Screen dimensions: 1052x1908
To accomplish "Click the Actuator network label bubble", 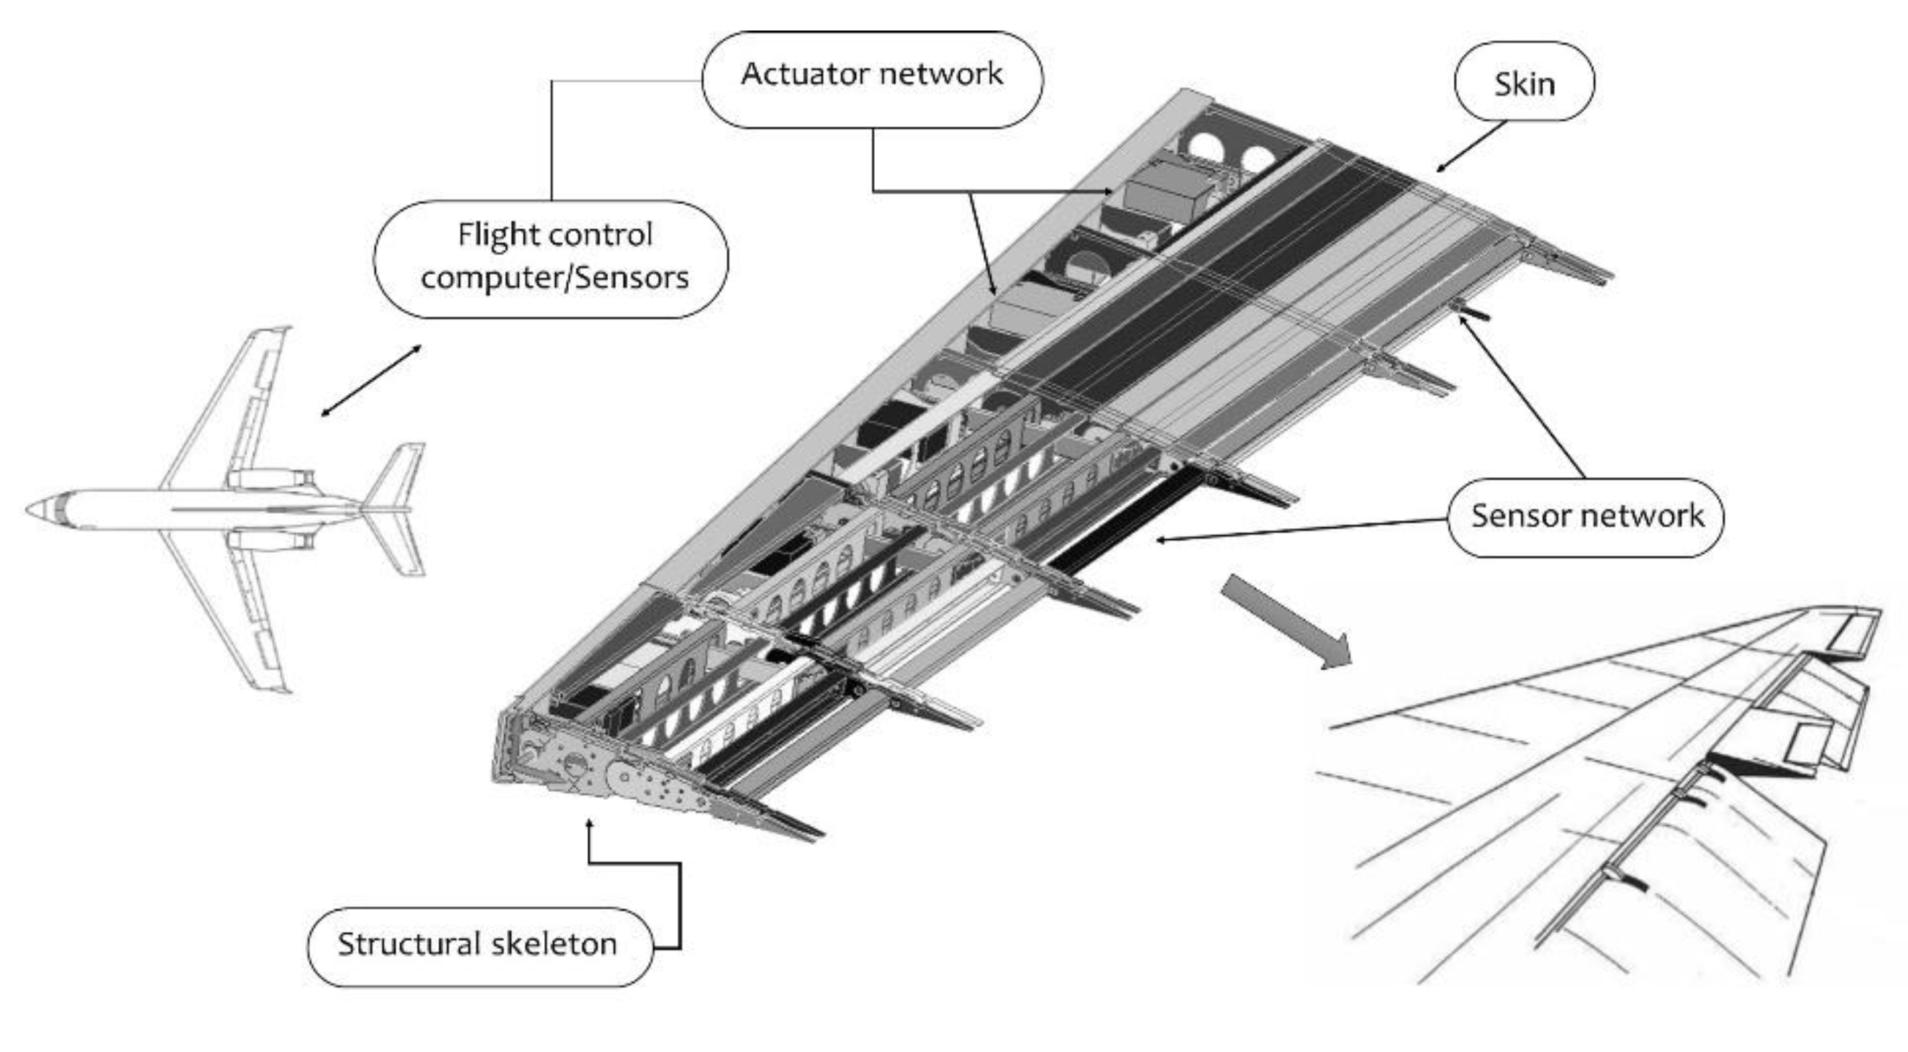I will [872, 79].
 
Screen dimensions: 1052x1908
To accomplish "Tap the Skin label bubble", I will [1524, 82].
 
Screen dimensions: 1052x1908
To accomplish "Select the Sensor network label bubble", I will [1586, 517].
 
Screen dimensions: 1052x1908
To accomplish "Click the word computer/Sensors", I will [554, 278].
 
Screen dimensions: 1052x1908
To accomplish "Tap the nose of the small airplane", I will [31, 510].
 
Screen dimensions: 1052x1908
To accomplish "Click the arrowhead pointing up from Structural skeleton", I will [589, 824].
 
